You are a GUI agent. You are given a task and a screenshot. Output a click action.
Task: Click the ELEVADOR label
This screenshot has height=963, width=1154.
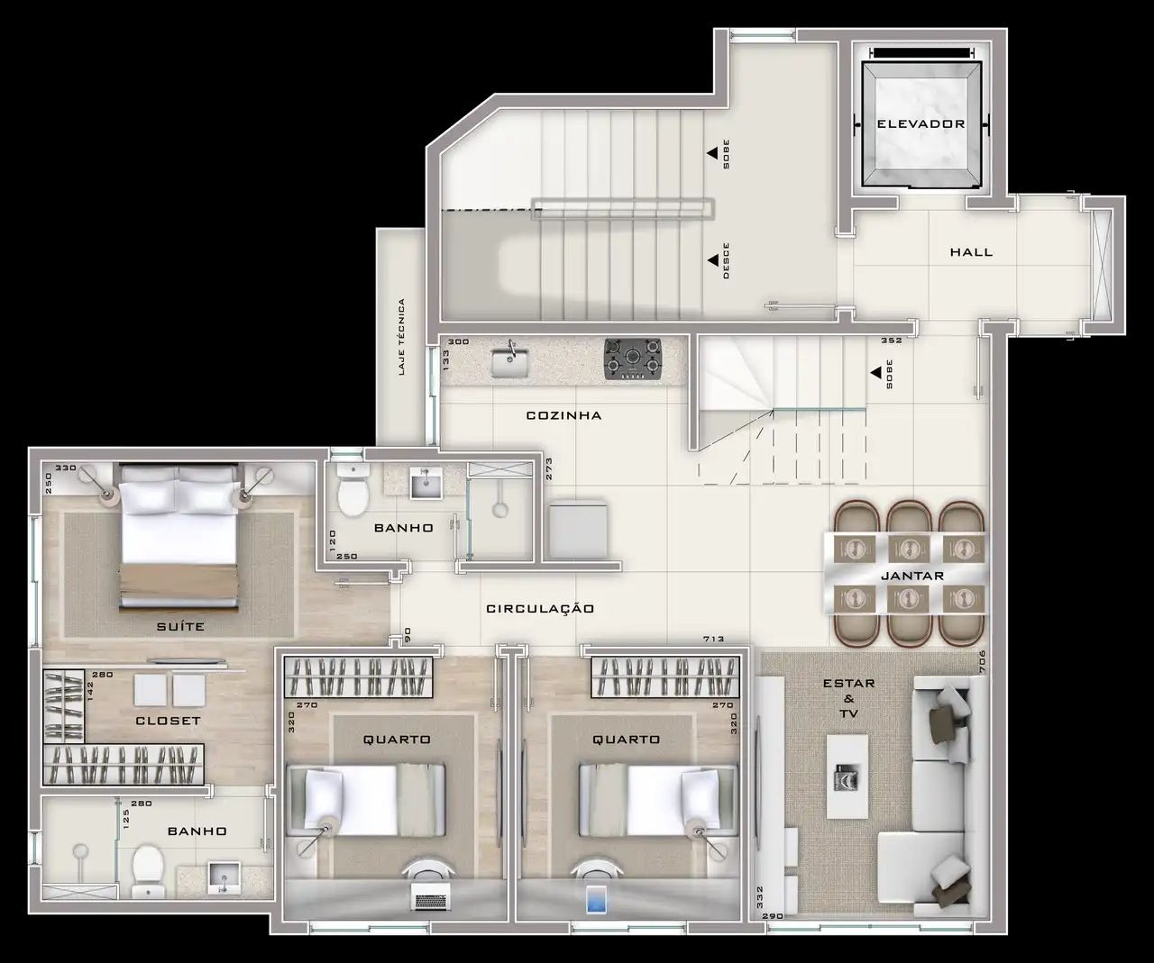(920, 123)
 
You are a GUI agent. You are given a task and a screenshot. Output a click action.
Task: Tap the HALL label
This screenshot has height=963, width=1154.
(971, 252)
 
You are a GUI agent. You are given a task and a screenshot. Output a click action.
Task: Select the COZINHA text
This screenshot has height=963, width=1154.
(563, 415)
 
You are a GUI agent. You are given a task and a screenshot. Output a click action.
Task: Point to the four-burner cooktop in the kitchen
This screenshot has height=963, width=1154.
(633, 359)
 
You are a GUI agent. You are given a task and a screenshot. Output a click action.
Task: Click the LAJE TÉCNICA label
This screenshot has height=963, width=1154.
(402, 338)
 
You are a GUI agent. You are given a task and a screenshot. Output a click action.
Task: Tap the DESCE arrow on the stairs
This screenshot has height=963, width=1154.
(712, 260)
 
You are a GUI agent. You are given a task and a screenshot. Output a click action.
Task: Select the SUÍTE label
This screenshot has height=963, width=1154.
(180, 626)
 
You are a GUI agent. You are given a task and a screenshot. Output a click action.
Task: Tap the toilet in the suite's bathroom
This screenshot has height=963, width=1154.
(148, 869)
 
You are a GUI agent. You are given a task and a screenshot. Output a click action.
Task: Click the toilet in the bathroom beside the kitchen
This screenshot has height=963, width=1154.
(353, 490)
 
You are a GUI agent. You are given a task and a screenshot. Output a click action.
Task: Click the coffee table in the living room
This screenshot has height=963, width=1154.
(847, 777)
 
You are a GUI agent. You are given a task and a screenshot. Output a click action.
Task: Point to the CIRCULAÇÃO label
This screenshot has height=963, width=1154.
(540, 608)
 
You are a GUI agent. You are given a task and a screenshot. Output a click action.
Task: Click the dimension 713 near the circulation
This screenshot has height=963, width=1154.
(713, 639)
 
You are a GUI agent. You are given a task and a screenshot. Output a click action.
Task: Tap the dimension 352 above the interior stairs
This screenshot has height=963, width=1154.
(892, 341)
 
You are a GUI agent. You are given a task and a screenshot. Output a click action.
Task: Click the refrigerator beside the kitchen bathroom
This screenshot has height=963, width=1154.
(578, 529)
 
